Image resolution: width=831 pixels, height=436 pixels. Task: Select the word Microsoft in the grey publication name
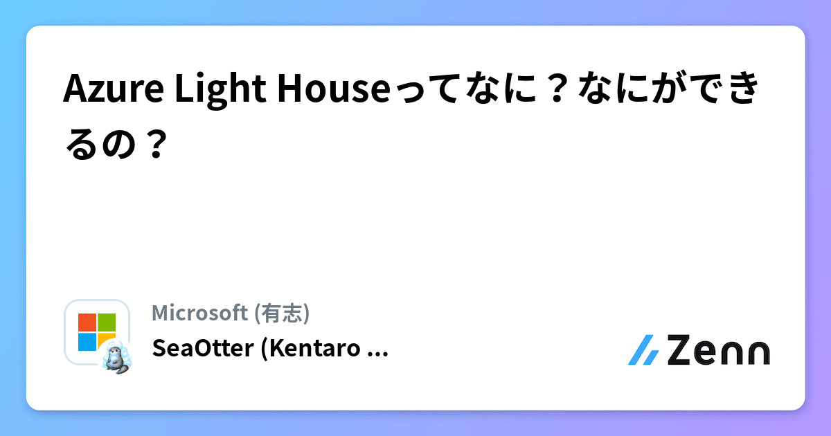[x=200, y=314]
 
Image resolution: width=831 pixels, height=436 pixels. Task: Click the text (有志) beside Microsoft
[x=282, y=314]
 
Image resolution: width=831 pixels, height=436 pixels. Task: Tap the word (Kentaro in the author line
[x=310, y=349]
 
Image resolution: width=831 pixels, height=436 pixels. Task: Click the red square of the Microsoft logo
[x=87, y=323]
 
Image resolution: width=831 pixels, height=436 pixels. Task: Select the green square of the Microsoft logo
[x=107, y=323]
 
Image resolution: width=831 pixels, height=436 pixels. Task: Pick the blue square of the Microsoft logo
[x=87, y=342]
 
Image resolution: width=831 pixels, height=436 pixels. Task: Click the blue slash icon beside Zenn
[x=643, y=350]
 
